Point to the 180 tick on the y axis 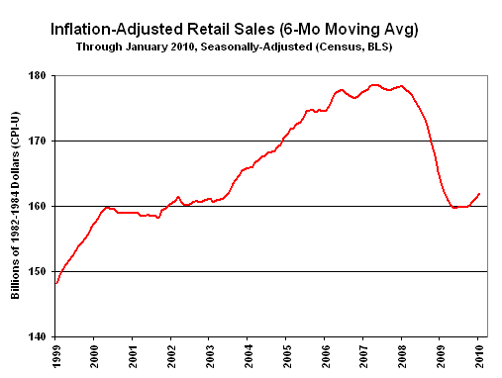tap(41, 76)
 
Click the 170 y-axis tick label tap(41, 142)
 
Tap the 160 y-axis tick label tap(41, 206)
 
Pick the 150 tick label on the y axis tap(41, 271)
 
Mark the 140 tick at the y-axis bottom tap(41, 336)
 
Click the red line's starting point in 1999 tap(55, 283)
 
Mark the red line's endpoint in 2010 tap(480, 194)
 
